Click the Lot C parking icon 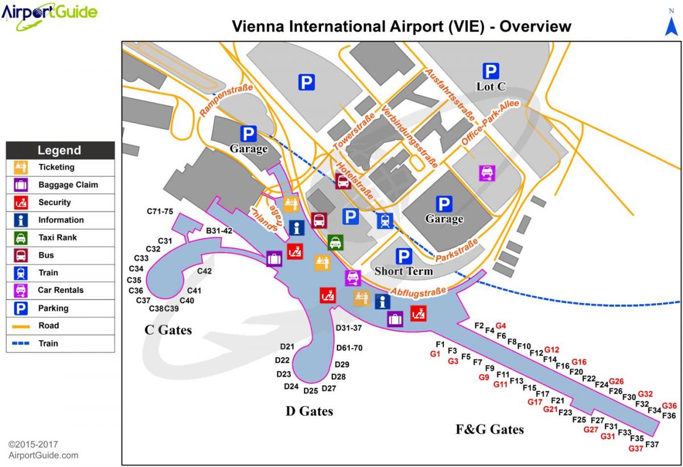[x=491, y=71]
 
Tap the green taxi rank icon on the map [x=335, y=242]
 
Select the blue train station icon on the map [x=385, y=220]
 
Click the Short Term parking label [x=404, y=271]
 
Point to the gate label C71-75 [x=160, y=212]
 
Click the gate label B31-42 [x=219, y=230]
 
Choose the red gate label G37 [x=635, y=448]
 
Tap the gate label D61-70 [x=349, y=348]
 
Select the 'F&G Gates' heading [x=489, y=429]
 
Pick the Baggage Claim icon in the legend [x=20, y=185]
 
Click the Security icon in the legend [x=20, y=202]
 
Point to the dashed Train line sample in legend [x=20, y=344]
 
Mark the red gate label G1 [x=435, y=354]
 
